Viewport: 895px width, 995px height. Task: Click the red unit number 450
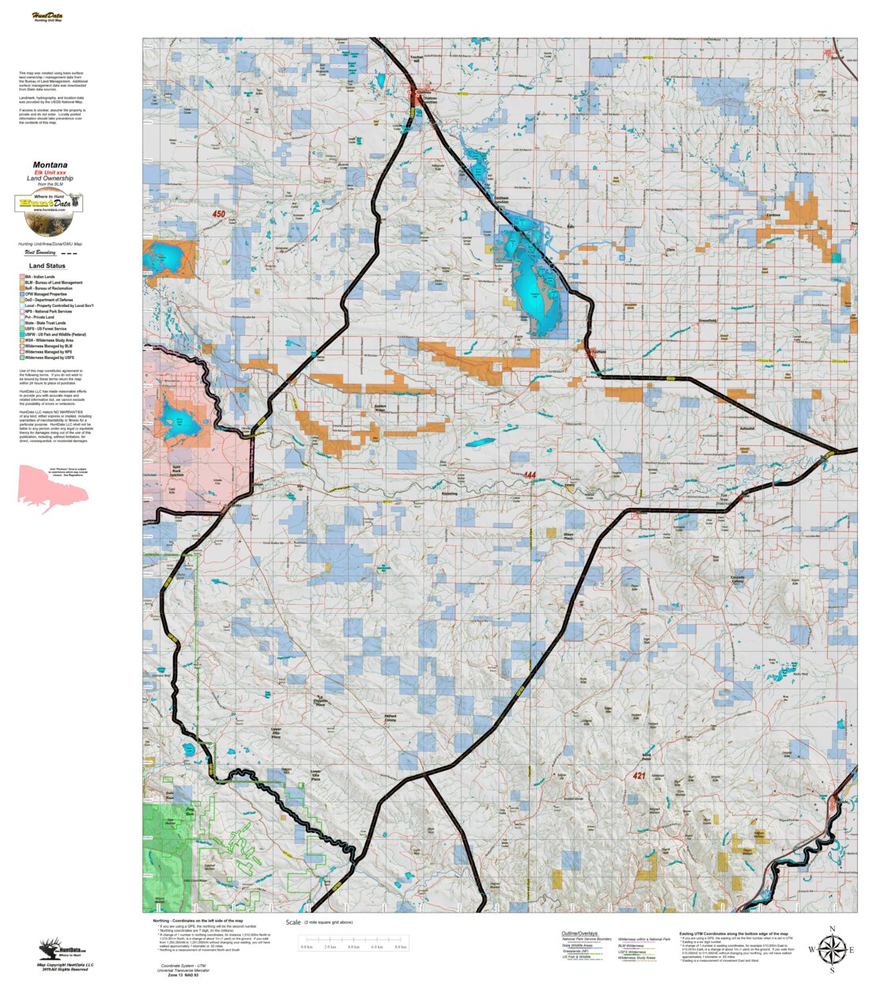tap(218, 214)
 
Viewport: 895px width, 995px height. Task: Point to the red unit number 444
tap(529, 475)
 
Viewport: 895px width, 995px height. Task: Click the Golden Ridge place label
tap(380, 409)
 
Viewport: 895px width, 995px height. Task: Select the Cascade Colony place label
tap(737, 579)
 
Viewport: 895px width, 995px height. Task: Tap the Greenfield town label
tap(708, 320)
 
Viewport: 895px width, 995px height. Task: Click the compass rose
tap(831, 949)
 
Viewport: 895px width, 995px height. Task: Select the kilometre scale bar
tap(353, 942)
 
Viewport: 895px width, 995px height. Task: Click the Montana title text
tap(50, 165)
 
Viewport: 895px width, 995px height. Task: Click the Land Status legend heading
tap(47, 266)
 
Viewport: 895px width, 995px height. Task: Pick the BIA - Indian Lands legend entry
tap(40, 277)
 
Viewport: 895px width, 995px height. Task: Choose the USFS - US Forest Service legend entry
tap(45, 329)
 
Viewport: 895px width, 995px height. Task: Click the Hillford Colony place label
tap(391, 718)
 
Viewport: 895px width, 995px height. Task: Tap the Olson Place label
tap(568, 536)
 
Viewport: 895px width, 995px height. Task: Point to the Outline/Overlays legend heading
tap(580, 933)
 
